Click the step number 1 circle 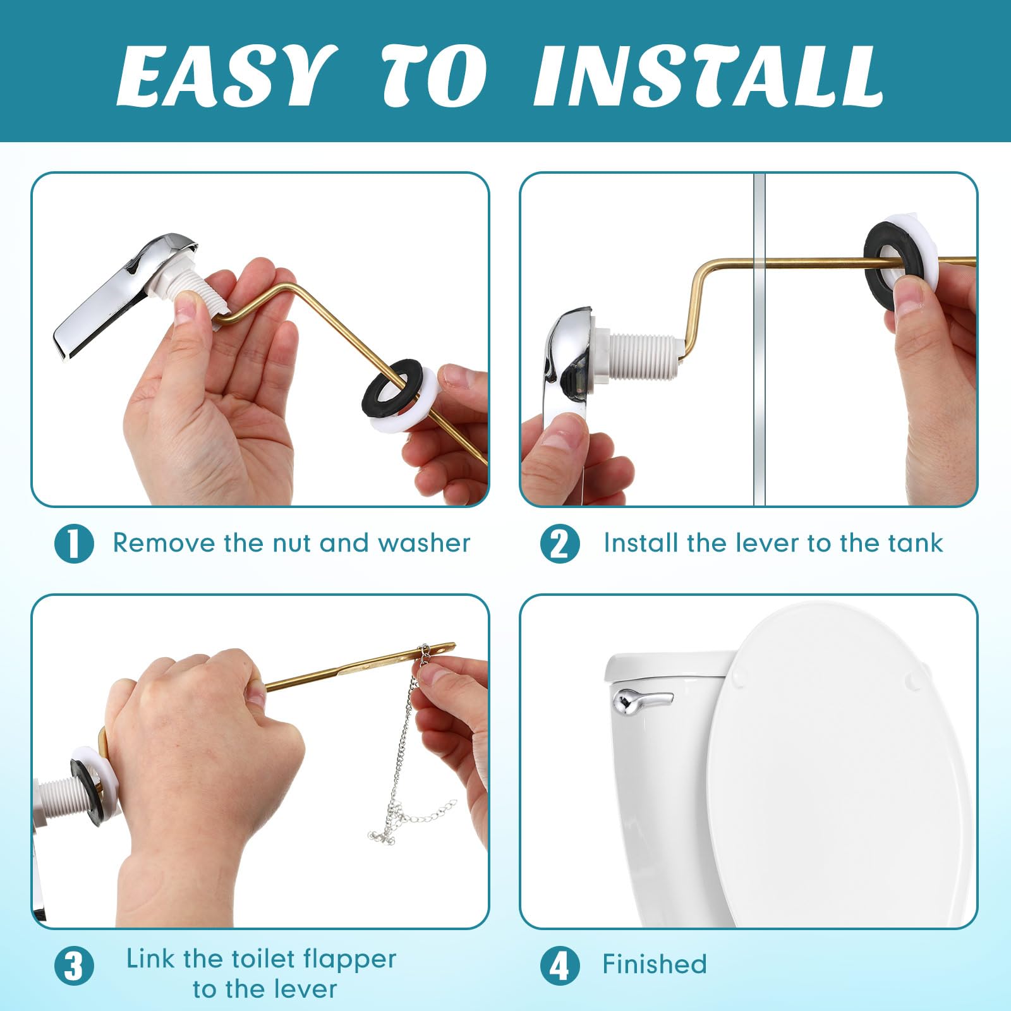[74, 544]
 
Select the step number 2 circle [559, 544]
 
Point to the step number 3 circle [74, 967]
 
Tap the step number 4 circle [559, 966]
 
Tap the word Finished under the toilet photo [655, 965]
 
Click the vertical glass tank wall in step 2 [759, 379]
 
